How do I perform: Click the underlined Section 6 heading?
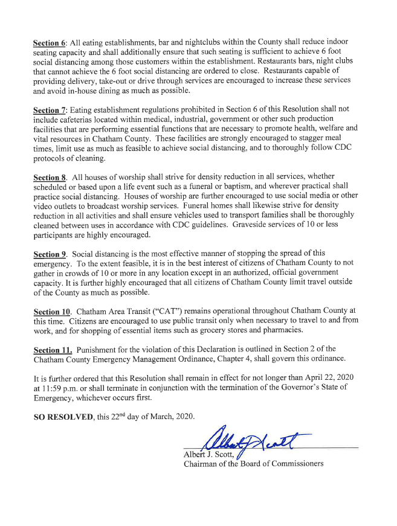pyautogui.click(x=50, y=43)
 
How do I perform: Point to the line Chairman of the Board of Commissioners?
pyautogui.click(x=253, y=464)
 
